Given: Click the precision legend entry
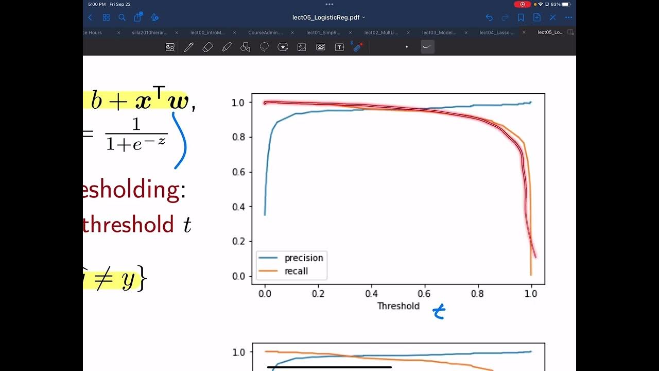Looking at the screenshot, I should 303,258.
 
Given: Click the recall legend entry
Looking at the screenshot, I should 296,271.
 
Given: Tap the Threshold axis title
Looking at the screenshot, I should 398,306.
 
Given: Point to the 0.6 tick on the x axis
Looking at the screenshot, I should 424,294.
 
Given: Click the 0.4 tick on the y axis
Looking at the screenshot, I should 238,207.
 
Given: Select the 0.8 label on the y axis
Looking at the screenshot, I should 238,137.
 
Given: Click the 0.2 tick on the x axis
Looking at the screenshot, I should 318,294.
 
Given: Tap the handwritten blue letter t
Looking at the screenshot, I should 439,311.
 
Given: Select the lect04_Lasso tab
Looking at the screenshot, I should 497,32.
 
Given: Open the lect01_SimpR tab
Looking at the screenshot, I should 323,32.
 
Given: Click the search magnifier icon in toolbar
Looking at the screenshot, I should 122,18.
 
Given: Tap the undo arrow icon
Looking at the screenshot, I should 489,18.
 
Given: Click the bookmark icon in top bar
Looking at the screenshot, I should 521,18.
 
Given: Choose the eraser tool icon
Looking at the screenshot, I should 207,47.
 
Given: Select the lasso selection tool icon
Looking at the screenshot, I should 264,47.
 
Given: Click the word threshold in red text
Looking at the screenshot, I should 128,225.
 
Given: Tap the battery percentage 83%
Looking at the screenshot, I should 556,4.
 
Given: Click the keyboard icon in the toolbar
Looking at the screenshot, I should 320,47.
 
